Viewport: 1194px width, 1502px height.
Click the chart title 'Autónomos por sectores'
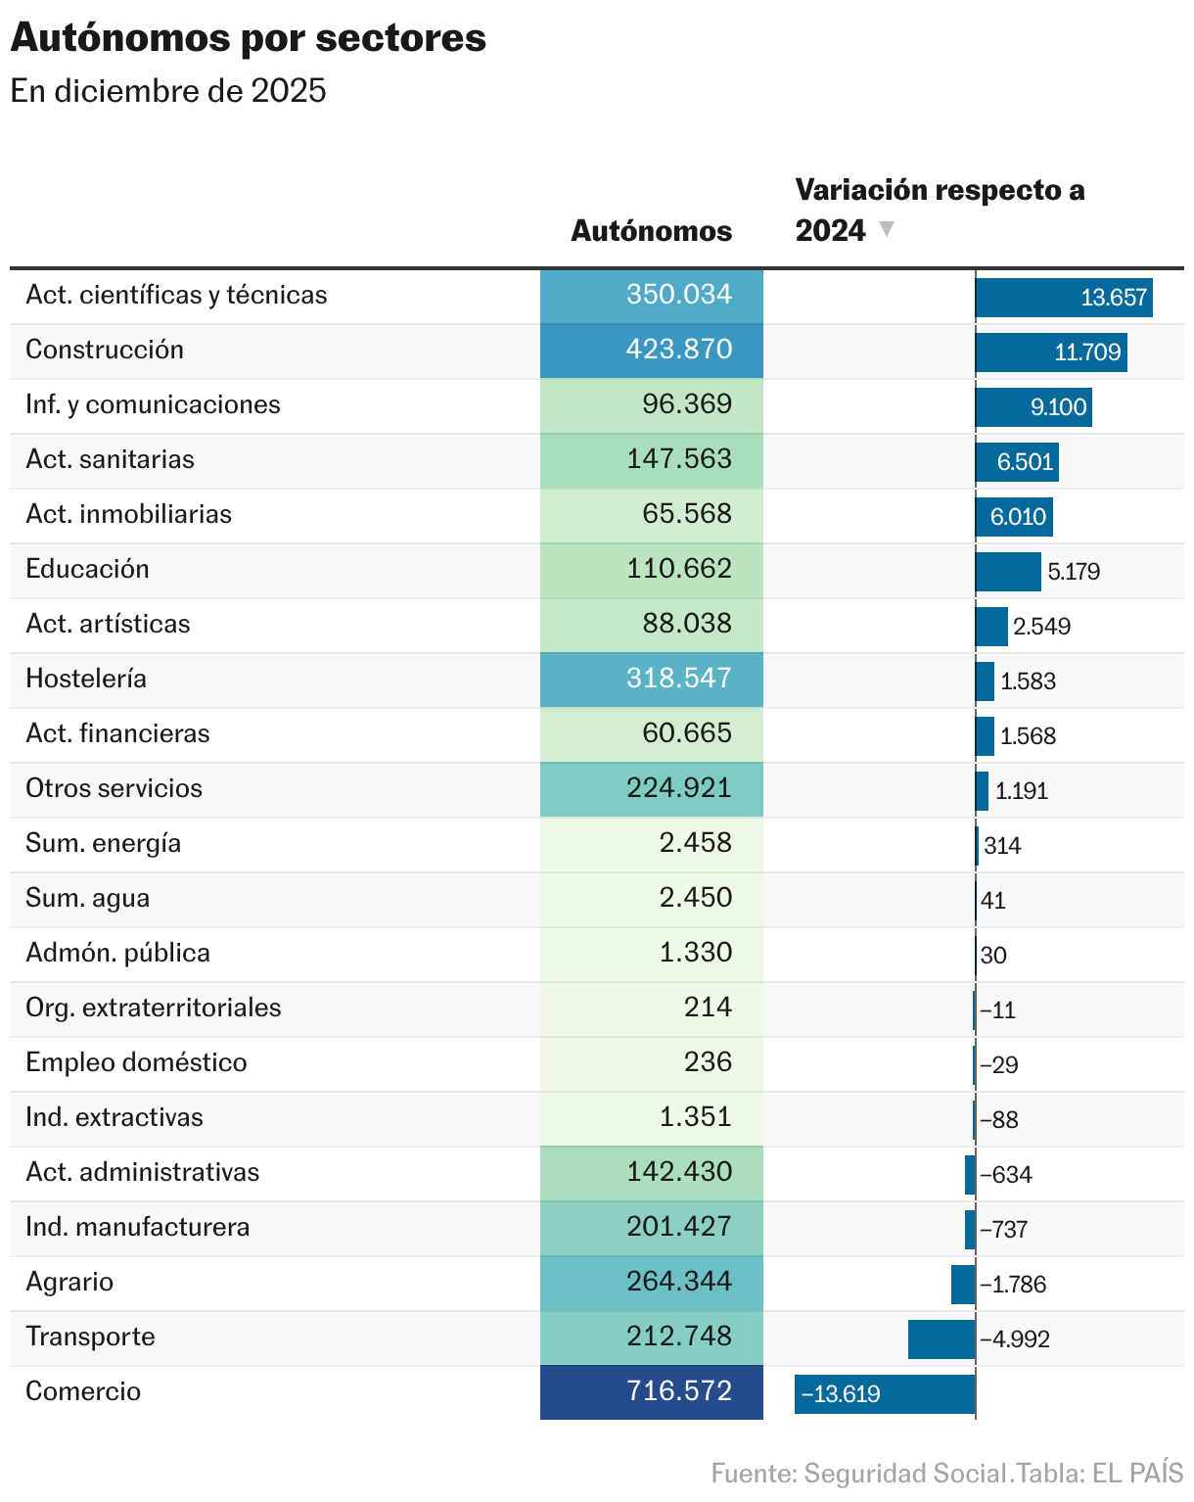[x=248, y=38]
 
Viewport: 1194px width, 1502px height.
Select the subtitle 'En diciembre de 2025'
[x=168, y=91]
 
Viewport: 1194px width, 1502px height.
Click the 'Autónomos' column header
[x=651, y=231]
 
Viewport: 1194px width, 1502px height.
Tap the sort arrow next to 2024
[x=887, y=229]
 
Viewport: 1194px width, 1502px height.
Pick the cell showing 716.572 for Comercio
[x=652, y=1391]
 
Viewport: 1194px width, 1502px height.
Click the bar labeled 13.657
[x=1064, y=298]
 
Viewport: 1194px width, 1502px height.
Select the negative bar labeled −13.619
[x=885, y=1393]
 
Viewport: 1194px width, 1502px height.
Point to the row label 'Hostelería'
[x=86, y=679]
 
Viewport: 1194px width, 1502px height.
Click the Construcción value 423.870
[x=652, y=350]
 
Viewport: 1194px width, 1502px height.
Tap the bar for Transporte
[x=941, y=1338]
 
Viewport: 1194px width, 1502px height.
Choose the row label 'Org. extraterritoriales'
[x=153, y=1008]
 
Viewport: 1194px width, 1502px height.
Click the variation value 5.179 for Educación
[x=1074, y=572]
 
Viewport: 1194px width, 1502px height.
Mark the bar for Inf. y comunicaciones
[x=1033, y=407]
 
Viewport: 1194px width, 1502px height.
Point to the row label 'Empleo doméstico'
[x=136, y=1062]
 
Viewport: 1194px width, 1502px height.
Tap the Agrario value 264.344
[x=652, y=1282]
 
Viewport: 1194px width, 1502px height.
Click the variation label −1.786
[x=1014, y=1285]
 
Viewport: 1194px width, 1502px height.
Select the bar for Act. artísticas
[x=991, y=627]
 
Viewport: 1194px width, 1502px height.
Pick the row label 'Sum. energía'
[x=103, y=843]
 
